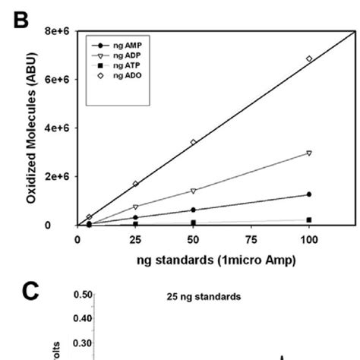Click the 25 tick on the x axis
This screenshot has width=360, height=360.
coord(135,238)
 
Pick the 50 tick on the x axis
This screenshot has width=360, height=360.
coord(193,238)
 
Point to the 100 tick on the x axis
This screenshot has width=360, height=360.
coord(308,238)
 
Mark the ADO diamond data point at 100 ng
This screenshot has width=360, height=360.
coord(308,58)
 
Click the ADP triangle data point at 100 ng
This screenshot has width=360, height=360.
coord(308,153)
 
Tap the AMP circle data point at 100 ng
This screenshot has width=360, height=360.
coord(308,194)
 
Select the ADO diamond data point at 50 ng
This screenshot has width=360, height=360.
coord(193,142)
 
